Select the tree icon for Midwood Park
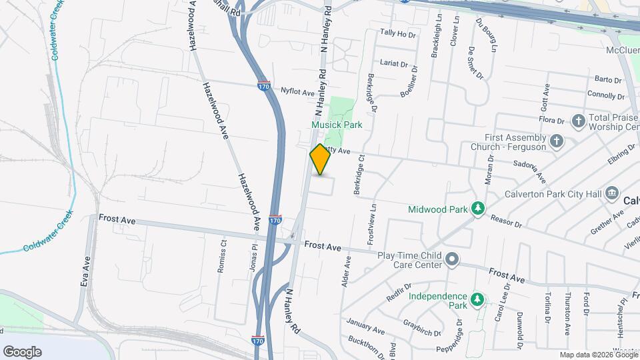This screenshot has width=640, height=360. point(478,209)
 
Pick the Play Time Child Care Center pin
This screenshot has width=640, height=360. point(452,258)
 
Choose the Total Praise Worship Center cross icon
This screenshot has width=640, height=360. point(578,121)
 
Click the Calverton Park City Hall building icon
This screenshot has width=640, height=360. point(611,194)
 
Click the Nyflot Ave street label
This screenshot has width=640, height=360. point(297,92)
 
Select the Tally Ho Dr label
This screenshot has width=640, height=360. point(397,33)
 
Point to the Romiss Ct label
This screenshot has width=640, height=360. point(223,256)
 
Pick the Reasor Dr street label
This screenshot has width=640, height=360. point(507,220)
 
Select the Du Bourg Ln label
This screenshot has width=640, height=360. point(486,34)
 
